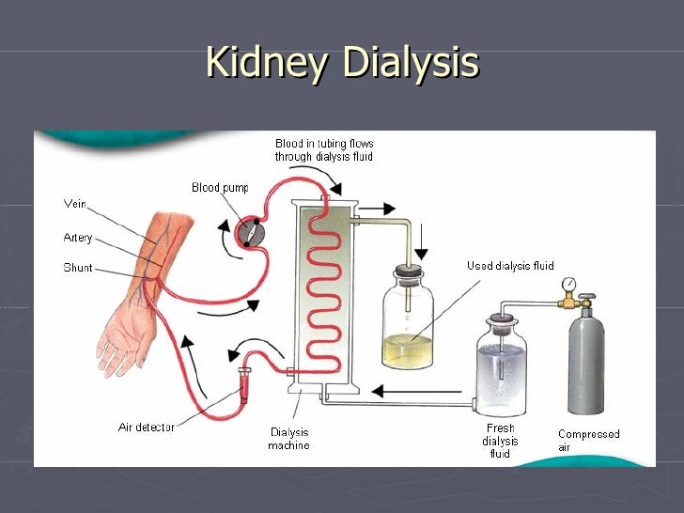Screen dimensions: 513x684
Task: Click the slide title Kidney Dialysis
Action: [x=342, y=63]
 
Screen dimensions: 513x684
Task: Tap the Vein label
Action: [x=75, y=203]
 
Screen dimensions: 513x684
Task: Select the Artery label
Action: [x=78, y=238]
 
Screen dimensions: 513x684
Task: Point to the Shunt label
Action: [x=78, y=268]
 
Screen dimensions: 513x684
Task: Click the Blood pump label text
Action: [x=220, y=188]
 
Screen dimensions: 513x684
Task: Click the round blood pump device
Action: [x=252, y=232]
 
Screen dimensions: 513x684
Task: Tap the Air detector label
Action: [x=146, y=427]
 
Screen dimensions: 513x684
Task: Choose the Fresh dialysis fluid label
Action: [x=500, y=441]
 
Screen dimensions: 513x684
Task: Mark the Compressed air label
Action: [x=588, y=441]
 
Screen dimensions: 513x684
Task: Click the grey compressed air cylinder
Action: [x=586, y=362]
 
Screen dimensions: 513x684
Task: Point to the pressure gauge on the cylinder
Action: [x=569, y=285]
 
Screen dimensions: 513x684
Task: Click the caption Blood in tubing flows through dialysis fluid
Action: [x=323, y=149]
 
